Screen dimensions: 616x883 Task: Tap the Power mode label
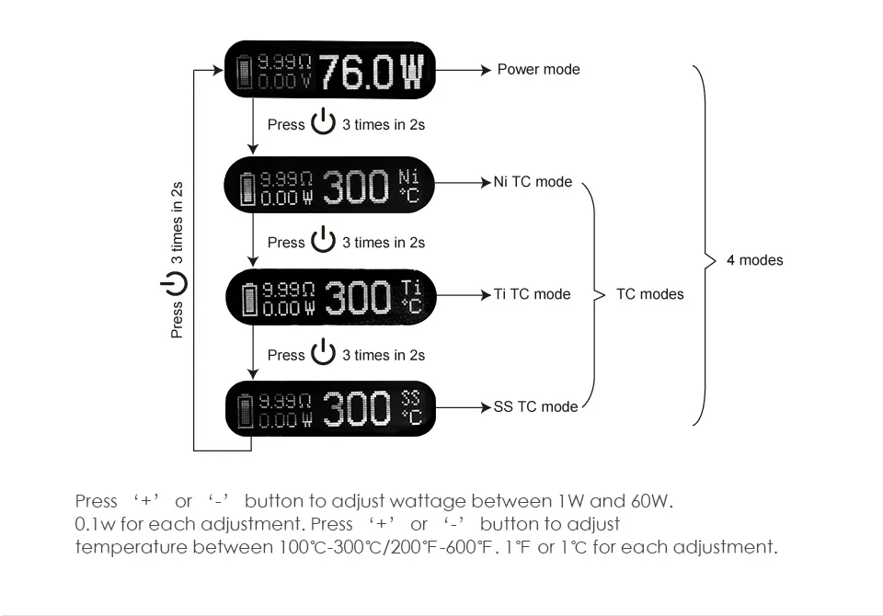538,69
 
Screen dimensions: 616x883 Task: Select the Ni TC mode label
533,182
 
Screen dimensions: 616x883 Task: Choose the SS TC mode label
535,406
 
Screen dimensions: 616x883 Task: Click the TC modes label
650,294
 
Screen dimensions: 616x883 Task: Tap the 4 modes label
754,260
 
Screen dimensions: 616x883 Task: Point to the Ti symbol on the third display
410,287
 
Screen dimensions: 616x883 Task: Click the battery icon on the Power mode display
245,71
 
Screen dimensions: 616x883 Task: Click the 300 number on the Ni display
355,187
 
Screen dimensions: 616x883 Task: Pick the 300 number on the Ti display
357,298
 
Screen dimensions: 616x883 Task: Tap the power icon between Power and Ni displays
323,123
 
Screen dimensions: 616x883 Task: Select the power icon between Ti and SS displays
323,354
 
